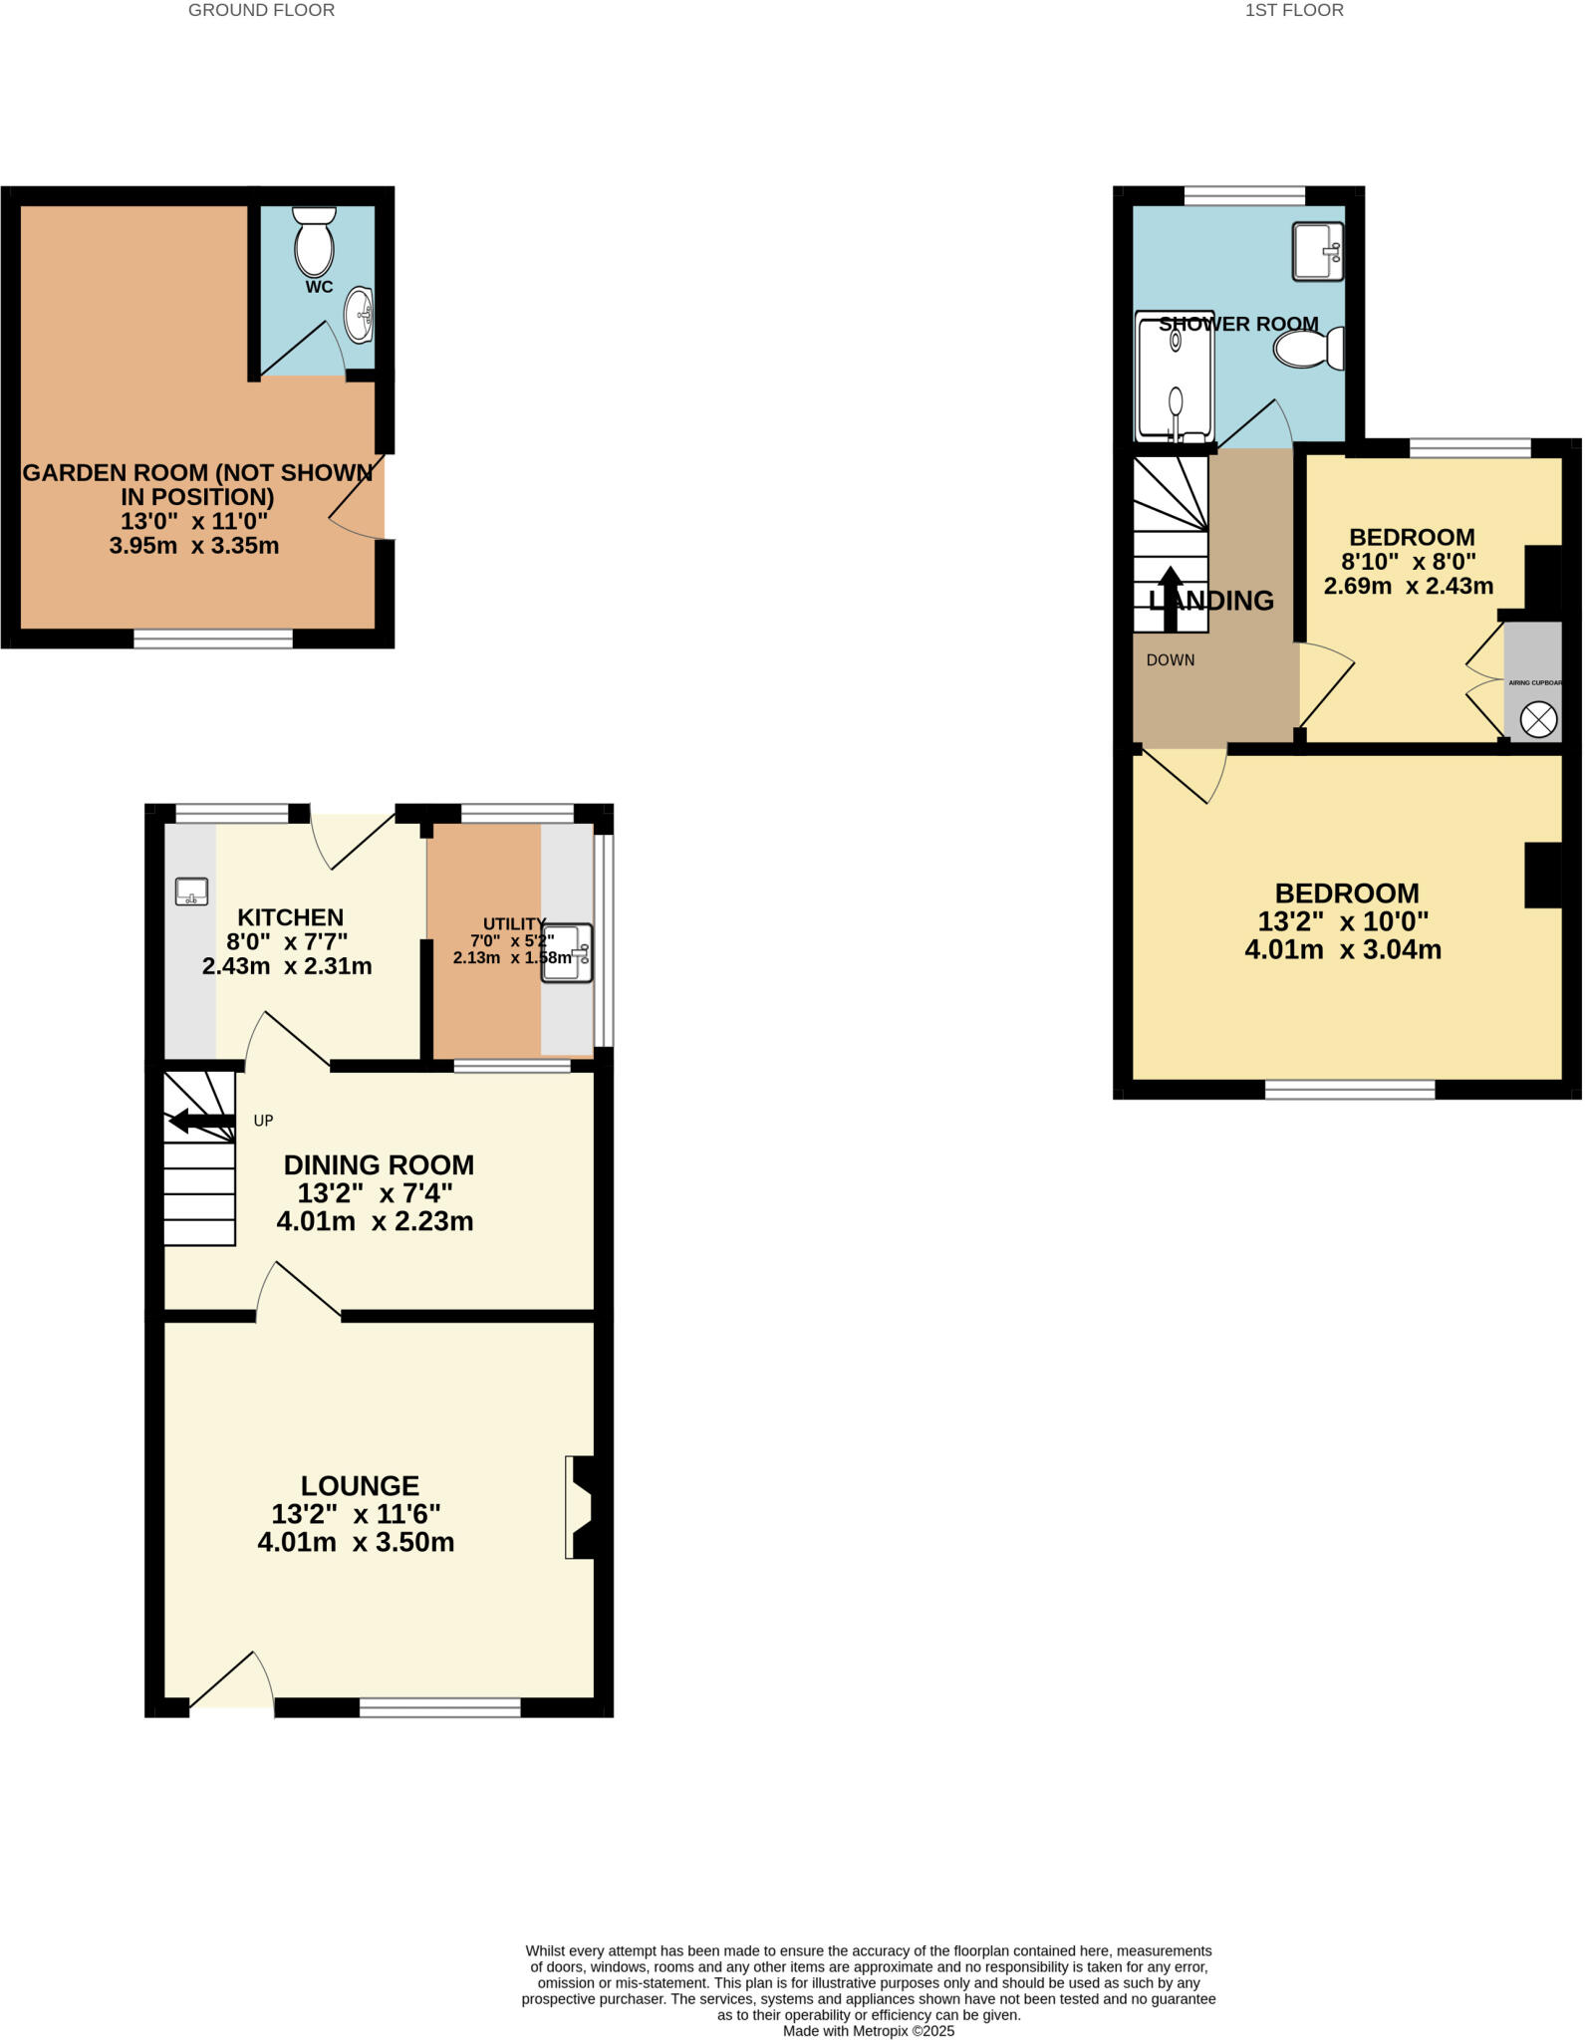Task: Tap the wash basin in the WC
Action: (360, 315)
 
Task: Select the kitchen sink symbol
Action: (191, 892)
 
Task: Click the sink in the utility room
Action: (567, 954)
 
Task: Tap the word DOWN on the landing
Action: (1171, 660)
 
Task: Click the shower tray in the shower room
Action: (1175, 377)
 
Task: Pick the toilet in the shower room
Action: (1309, 350)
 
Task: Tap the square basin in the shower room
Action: (1318, 251)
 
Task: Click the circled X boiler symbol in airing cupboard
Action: (1538, 719)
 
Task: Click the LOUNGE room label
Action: (360, 1486)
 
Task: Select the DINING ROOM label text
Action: (379, 1165)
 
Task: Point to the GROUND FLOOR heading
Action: (261, 11)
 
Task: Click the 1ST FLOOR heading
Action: (1294, 11)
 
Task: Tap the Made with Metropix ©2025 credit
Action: (868, 2031)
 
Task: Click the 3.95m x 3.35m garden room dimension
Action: (194, 546)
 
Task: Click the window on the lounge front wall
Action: (439, 1708)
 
